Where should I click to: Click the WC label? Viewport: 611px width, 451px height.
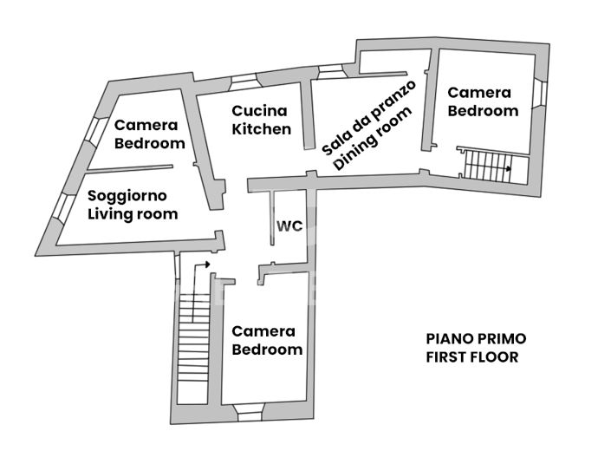pyautogui.click(x=289, y=226)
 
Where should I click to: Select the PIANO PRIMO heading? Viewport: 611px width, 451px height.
pyautogui.click(x=476, y=338)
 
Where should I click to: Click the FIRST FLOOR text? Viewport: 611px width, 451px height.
pyautogui.click(x=472, y=356)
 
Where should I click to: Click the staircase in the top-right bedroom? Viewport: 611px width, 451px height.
pyautogui.click(x=485, y=165)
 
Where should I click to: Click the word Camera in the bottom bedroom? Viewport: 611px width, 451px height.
pyautogui.click(x=263, y=331)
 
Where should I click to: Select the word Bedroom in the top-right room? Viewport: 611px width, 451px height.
pyautogui.click(x=483, y=110)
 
